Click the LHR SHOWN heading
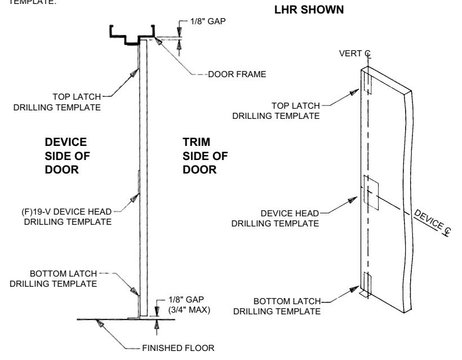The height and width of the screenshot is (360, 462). point(309,10)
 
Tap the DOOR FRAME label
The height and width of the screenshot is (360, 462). point(237,74)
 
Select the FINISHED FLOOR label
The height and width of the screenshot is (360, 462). point(178,348)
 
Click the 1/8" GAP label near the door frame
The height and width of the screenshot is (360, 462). point(208,21)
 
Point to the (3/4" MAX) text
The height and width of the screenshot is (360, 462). point(189,310)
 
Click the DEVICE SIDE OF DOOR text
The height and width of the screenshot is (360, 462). point(67,156)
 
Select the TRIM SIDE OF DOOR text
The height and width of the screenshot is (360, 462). point(205,156)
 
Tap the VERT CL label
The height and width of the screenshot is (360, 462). point(355,54)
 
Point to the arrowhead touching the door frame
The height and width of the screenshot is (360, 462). point(158,41)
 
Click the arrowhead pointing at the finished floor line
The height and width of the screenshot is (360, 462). point(100,323)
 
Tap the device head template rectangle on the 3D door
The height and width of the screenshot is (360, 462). point(371,193)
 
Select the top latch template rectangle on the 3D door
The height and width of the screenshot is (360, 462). point(368,82)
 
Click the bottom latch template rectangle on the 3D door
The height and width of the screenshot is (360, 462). point(367,283)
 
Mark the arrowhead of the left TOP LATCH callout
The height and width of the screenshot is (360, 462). point(134,73)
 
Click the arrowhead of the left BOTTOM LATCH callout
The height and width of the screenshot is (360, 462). point(135,291)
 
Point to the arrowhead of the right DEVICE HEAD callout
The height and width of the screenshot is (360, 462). point(352,200)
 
